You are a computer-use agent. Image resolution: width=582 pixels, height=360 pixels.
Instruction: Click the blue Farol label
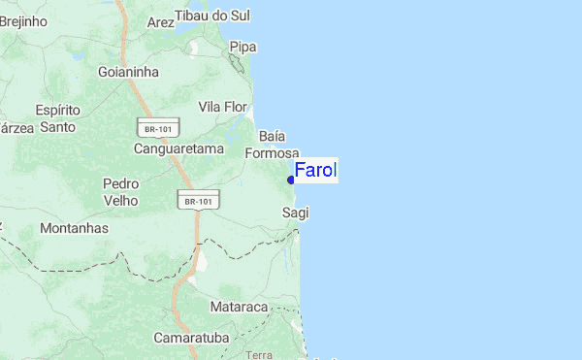coord(315,171)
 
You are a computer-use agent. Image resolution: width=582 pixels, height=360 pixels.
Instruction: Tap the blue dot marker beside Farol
coord(291,180)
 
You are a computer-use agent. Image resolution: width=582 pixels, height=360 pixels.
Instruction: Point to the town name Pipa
coord(242,47)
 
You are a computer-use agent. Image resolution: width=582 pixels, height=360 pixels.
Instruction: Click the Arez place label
coord(159,21)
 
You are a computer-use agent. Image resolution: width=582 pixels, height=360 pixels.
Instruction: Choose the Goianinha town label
coord(128,71)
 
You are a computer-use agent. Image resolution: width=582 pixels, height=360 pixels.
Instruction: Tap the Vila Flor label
coord(223,106)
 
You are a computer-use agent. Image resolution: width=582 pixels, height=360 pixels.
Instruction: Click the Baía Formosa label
coord(272,145)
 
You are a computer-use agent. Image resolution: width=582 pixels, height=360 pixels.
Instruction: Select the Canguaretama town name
coord(178,149)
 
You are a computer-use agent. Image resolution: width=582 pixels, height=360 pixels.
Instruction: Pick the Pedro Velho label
coord(120,191)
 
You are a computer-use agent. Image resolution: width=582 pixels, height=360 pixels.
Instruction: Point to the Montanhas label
coord(75,228)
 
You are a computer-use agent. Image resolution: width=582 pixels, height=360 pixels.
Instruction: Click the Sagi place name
coord(295,212)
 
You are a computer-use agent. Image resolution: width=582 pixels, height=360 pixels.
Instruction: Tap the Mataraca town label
coord(239,307)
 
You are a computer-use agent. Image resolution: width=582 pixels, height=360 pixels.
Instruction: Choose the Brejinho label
coord(23,19)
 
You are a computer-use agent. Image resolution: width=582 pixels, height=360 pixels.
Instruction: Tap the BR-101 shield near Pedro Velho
coord(198,201)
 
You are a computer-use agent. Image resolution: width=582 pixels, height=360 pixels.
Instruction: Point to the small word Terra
coord(259,355)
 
